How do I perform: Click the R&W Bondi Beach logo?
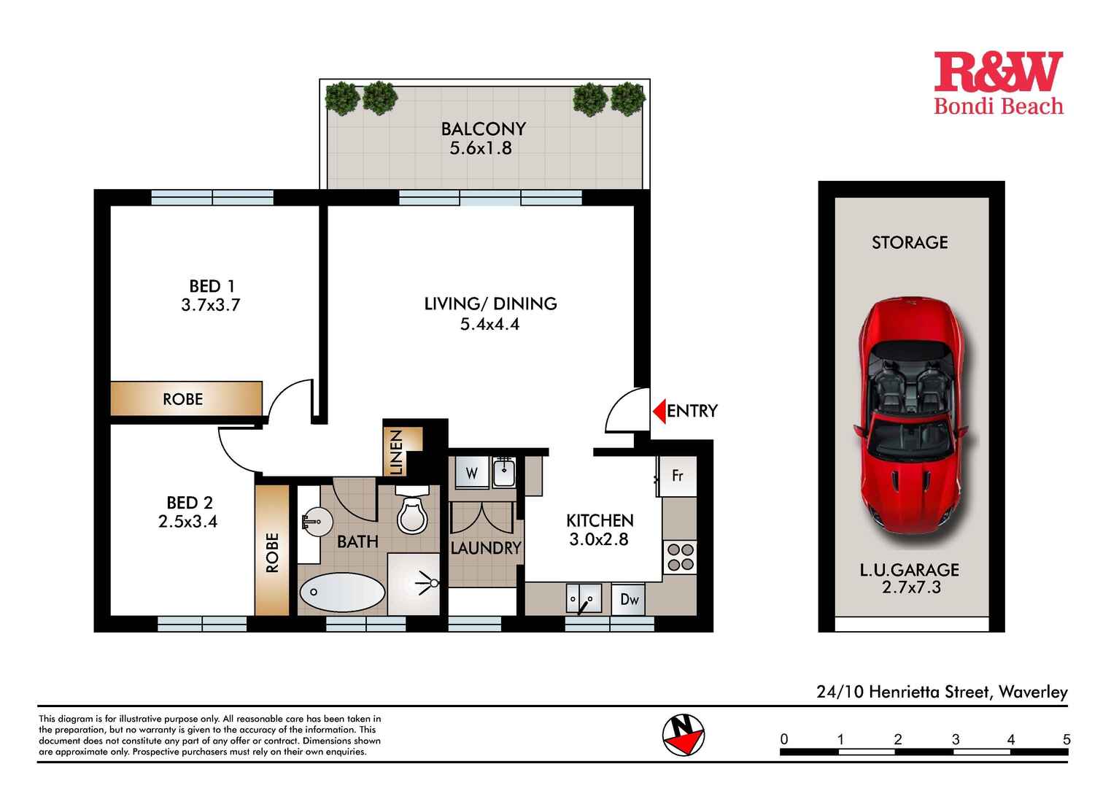point(998,83)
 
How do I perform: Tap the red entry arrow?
point(659,411)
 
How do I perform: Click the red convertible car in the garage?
point(910,422)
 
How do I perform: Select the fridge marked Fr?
point(678,476)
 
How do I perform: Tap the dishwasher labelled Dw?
point(629,600)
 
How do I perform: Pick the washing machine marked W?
point(471,474)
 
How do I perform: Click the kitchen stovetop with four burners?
point(680,557)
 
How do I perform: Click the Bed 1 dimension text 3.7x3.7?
point(211,305)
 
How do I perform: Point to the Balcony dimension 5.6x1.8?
point(481,148)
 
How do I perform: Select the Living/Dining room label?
point(490,304)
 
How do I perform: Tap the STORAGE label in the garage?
point(910,242)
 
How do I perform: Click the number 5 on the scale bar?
point(1066,739)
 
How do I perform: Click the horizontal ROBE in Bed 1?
point(184,399)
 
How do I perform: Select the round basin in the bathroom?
point(317,522)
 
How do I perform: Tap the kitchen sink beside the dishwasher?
point(584,599)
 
